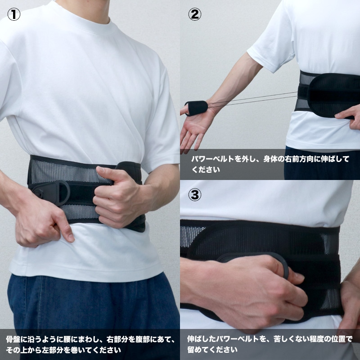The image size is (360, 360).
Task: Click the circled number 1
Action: pos(14,14)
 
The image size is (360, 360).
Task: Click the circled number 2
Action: pos(195,14)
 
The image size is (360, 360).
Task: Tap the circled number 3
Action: pos(195,195)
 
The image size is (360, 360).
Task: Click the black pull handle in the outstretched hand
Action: pos(197,108)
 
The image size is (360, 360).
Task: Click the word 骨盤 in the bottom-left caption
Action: pos(13,339)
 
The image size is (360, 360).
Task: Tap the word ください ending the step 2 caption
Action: pos(206,170)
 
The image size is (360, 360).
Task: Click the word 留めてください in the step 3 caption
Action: pos(212,350)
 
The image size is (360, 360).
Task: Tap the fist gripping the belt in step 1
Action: pos(119,198)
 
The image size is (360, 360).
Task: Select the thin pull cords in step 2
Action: pos(252,99)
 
